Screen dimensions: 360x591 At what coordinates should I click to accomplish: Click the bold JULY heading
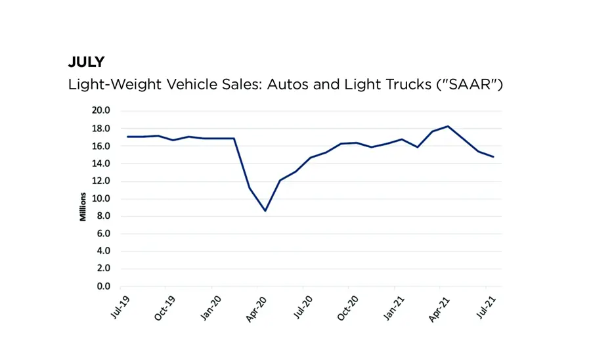point(86,62)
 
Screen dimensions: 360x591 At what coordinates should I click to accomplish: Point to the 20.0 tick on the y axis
point(100,110)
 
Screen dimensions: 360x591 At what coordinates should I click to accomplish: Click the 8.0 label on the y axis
point(102,216)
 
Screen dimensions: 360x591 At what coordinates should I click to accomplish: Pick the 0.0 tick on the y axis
point(102,286)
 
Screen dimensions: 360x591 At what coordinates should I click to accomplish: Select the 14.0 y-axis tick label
point(100,164)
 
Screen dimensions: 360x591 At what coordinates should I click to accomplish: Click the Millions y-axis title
point(83,206)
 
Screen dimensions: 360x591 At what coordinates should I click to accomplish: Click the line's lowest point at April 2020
point(265,211)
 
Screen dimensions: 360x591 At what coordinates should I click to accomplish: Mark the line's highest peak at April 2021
point(448,126)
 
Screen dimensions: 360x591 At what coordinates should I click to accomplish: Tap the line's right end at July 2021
point(493,157)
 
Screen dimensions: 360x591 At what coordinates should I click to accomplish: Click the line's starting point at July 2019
point(128,137)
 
